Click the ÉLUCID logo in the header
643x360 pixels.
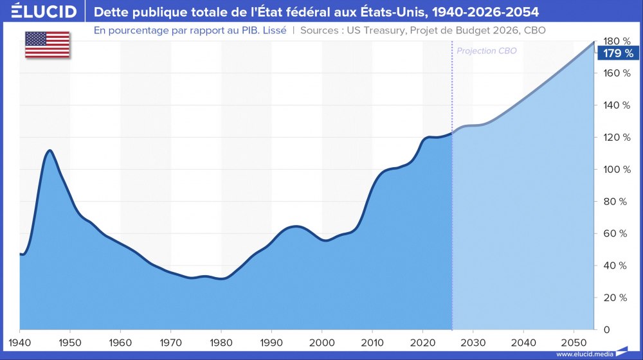(x=40, y=12)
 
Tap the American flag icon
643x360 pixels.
(x=48, y=44)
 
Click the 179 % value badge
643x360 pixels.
(x=619, y=53)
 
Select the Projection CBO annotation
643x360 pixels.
(x=486, y=50)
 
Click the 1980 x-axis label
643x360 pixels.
(x=221, y=341)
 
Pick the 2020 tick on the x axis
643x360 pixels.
(x=422, y=341)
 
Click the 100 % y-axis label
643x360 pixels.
(x=614, y=169)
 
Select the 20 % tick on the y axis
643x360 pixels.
(x=614, y=298)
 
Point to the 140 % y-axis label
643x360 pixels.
(x=614, y=105)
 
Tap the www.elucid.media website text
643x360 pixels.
(x=584, y=354)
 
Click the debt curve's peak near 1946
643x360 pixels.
(x=50, y=150)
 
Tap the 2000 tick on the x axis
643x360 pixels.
(x=322, y=341)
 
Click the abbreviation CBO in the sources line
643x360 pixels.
(x=538, y=30)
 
